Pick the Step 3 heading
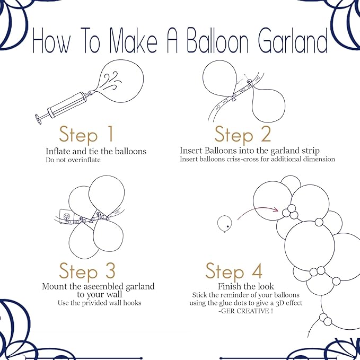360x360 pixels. click(87, 271)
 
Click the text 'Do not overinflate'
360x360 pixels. click(73, 160)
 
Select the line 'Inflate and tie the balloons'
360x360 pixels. click(96, 151)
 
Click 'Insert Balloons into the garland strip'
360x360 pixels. click(249, 151)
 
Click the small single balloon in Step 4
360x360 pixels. click(225, 224)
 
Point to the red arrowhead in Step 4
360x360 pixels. click(275, 209)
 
